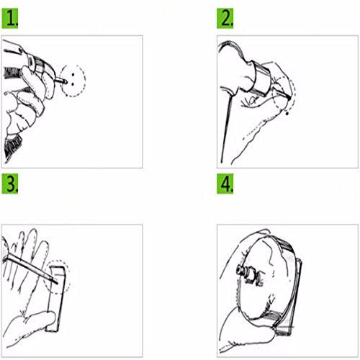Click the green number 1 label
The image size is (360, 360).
pos(10,18)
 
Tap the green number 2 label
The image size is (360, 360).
pos(225,18)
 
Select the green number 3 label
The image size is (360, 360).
pos(10,184)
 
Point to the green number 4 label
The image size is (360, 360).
pos(225,184)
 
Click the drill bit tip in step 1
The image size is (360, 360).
pos(66,82)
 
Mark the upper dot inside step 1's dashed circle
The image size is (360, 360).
pos(73,75)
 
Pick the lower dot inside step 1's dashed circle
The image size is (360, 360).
pos(73,84)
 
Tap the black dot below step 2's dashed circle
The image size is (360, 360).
pos(287,113)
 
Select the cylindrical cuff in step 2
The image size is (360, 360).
pos(261,78)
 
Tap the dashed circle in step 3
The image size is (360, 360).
pos(68,276)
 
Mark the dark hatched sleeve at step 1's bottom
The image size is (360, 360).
pos(12,146)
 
